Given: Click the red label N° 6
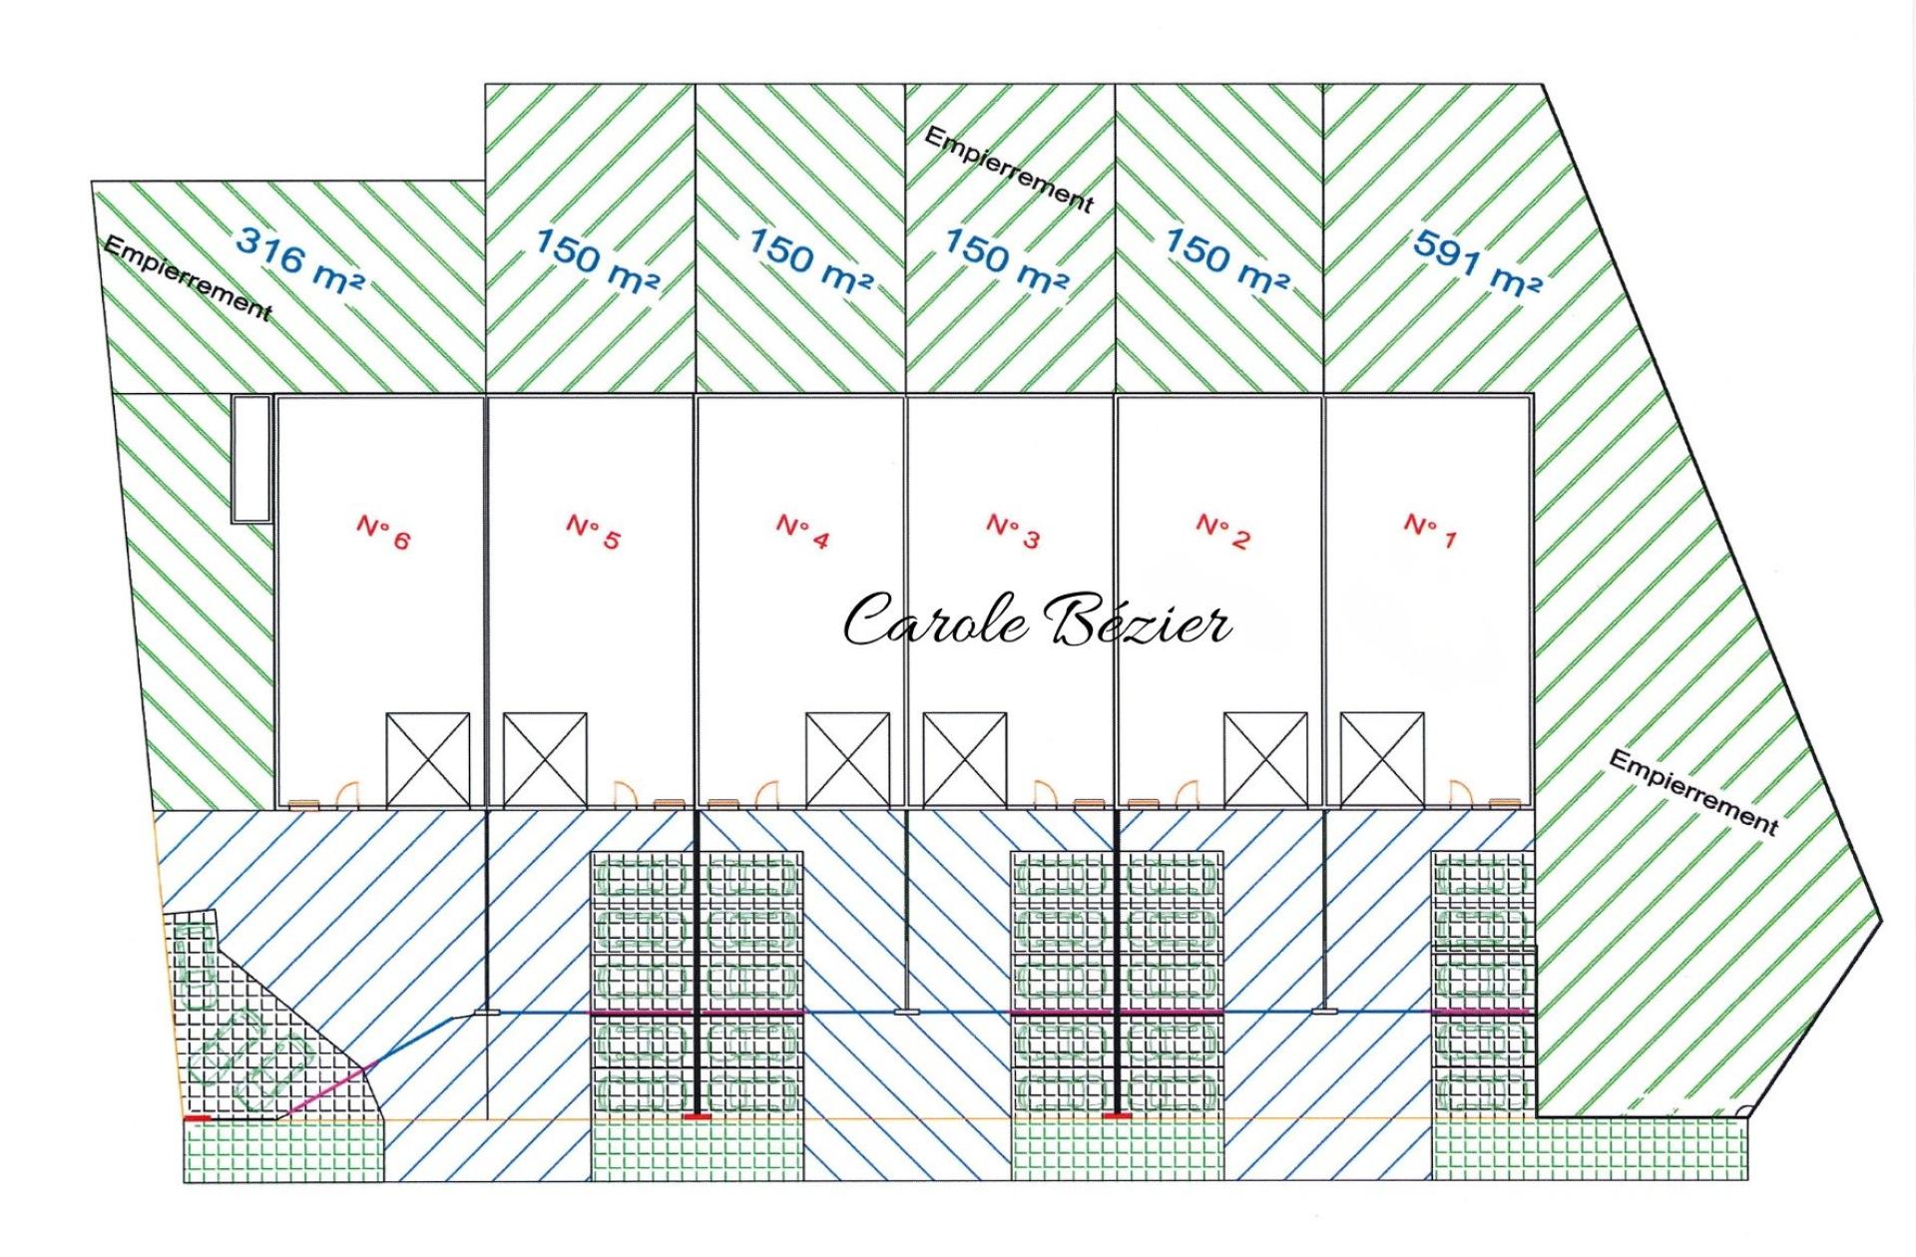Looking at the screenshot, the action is click(383, 532).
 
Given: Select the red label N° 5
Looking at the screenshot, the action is click(593, 532).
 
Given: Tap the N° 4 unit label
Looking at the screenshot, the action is click(802, 532).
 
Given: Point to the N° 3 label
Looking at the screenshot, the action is click(1013, 532).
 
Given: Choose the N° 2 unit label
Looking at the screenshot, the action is click(1222, 532).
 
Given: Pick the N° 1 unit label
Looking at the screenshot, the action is click(1430, 532).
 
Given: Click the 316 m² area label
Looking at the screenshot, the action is click(300, 260).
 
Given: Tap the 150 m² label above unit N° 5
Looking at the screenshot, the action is click(597, 261).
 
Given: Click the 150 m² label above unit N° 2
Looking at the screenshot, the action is click(1226, 261).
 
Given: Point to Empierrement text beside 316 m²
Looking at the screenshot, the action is click(188, 279).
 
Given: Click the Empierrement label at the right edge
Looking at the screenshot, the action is click(1693, 792).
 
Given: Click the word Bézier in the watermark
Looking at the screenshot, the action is click(1138, 620).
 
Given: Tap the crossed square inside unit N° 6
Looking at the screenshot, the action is click(428, 759).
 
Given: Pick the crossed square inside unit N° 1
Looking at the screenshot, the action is click(1382, 759).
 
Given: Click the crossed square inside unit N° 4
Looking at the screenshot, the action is click(848, 759).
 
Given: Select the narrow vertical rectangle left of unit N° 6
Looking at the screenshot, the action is click(251, 459).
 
